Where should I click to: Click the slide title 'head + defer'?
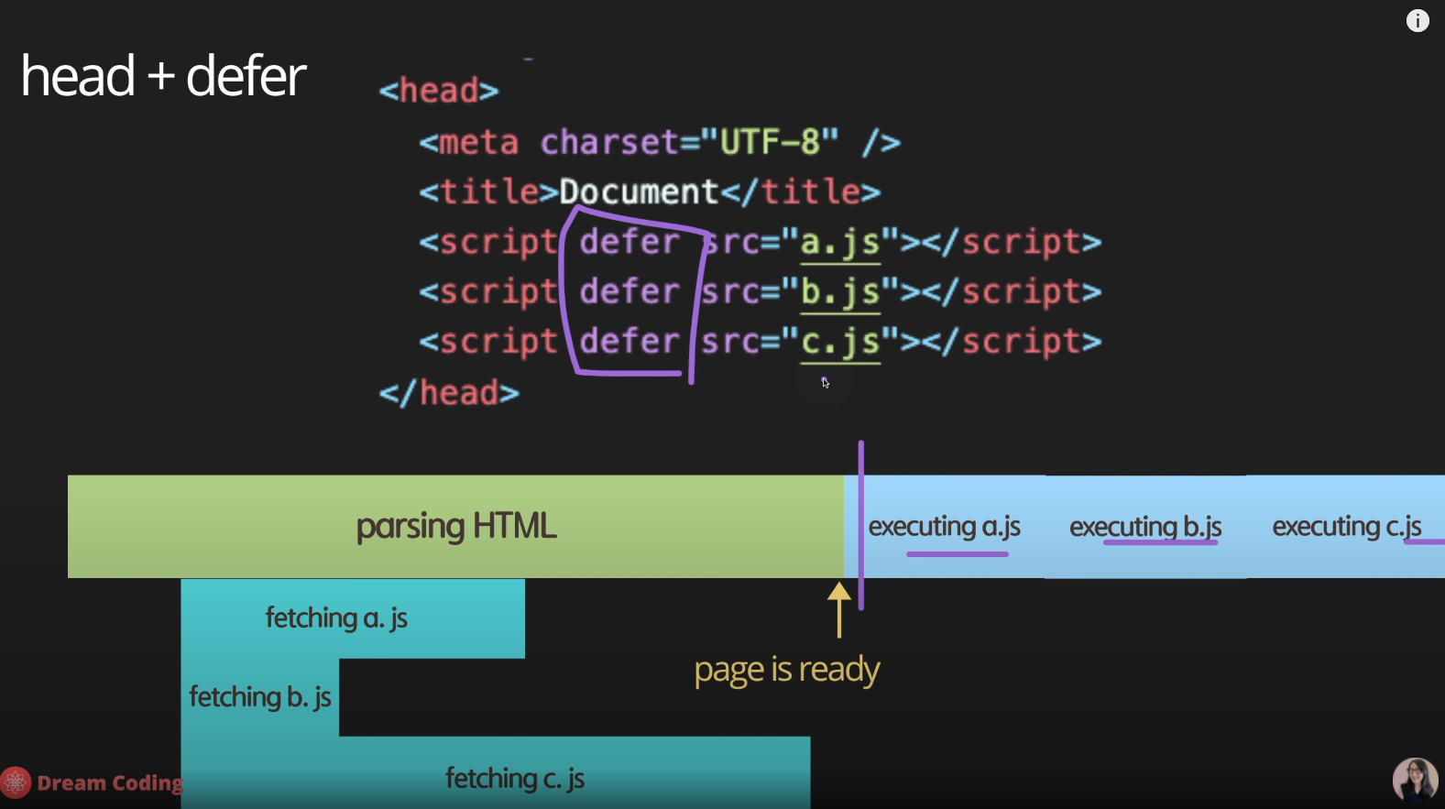coord(163,76)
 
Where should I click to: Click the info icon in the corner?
coord(1417,21)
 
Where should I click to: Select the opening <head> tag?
coord(439,91)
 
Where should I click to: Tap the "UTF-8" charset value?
coord(769,142)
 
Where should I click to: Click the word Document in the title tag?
coord(639,191)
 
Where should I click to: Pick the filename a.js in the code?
coord(839,242)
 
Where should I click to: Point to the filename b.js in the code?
coord(839,291)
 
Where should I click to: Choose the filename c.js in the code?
coord(839,342)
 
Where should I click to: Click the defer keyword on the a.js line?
coord(629,242)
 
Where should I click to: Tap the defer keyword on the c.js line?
coord(629,342)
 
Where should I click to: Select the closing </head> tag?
coord(449,393)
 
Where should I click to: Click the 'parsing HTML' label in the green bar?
coord(456,526)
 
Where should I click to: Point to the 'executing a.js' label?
coord(944,527)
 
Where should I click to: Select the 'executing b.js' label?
coord(1145,527)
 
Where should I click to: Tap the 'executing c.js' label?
coord(1347,527)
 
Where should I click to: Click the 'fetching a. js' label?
coord(336,618)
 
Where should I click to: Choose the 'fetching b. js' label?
coord(260,697)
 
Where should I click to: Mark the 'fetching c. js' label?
coord(515,779)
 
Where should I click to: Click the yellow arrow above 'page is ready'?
coord(839,609)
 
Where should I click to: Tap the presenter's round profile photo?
coord(1415,780)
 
